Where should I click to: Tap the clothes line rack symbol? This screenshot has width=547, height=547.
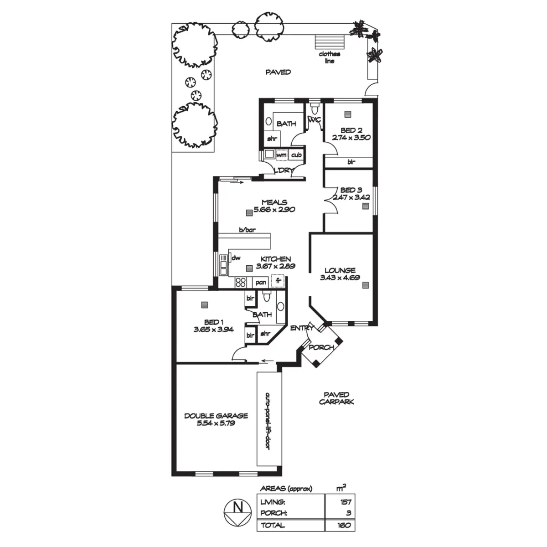coord(330,42)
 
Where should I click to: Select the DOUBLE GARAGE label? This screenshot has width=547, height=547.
coord(216,416)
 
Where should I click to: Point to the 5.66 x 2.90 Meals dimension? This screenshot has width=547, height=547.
coord(274,210)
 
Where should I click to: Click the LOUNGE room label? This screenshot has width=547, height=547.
coord(340,270)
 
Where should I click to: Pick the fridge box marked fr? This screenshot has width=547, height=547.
coord(278,281)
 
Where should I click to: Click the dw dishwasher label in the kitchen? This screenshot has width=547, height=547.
coord(236,258)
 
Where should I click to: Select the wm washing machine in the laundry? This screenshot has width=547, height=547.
coord(282,155)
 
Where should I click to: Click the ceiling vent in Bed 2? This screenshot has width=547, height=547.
coord(348,114)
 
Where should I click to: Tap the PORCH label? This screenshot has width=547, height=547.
coord(321,347)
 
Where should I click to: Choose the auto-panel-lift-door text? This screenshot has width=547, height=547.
coord(267,421)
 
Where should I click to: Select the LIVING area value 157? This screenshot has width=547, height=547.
coord(346,502)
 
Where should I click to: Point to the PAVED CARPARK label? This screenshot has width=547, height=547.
coord(336,398)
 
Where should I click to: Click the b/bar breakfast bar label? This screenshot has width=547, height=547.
coord(247,230)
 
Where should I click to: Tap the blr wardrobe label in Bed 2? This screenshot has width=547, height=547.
coord(351,162)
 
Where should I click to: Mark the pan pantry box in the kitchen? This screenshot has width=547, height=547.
coord(261,283)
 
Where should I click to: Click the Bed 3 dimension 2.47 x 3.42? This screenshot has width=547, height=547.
coord(351,197)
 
